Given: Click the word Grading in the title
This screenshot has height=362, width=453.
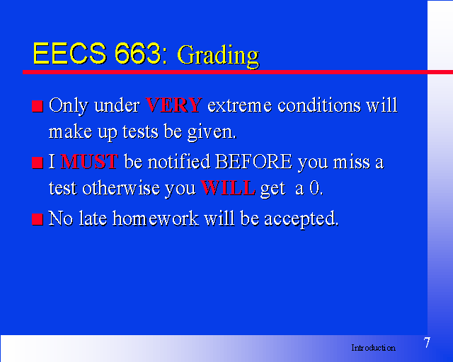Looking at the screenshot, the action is pos(218,56).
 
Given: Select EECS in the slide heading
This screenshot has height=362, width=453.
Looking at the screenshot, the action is pos(69,54).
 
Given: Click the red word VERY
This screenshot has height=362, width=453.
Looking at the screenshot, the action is pos(173,105).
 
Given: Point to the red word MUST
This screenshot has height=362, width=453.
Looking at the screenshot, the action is pos(89,161).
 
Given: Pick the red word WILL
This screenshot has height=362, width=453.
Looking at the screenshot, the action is pos(228,187).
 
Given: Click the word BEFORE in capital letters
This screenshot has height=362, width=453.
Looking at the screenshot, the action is pos(253,161).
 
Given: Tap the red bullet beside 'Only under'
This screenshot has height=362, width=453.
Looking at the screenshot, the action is pos(38,106).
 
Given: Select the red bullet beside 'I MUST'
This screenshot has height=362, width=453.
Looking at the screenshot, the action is pos(38,163).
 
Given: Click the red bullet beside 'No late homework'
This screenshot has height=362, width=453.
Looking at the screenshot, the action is pos(38,219).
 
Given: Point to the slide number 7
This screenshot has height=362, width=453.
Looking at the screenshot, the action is pos(427,343).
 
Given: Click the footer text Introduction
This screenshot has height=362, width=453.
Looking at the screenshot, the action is pos(373,348).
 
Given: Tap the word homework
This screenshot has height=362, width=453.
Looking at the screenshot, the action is pos(156,218).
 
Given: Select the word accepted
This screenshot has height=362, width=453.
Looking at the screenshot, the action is pos(302,218).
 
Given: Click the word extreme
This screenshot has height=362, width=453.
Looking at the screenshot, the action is pos(239,105).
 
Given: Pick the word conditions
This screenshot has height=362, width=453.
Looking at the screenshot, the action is pos(319,105).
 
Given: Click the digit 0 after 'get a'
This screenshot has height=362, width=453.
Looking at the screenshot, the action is pos(316,188).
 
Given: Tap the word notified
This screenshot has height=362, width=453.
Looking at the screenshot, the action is pos(179,161).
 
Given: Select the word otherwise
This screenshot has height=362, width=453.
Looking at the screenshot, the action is pos(121,187).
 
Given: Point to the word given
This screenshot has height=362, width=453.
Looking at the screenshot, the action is pos(212,132).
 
